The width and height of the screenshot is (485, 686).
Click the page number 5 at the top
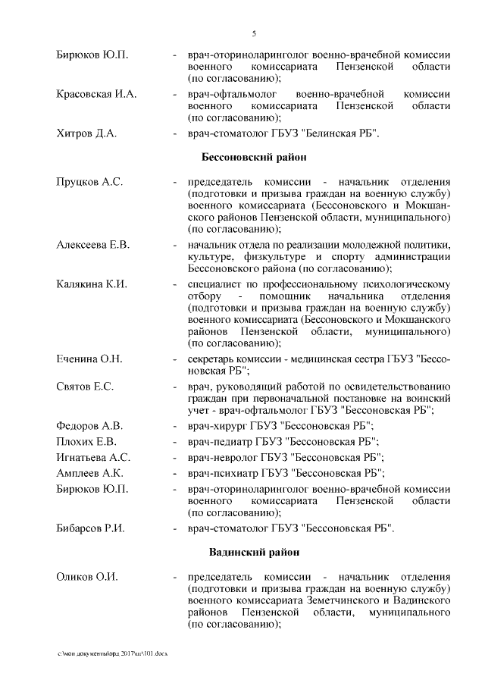tap(254, 33)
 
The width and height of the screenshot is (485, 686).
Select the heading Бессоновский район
tap(254, 158)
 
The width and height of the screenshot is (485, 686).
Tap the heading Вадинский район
tap(254, 552)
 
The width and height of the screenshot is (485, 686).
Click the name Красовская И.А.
tap(96, 94)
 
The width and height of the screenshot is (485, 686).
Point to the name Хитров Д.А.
tap(86, 133)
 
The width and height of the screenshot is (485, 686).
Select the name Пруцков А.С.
tap(89, 183)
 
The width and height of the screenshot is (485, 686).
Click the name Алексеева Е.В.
tap(93, 245)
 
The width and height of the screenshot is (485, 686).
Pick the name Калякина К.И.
tap(91, 284)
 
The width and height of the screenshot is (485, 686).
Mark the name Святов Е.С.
tap(85, 387)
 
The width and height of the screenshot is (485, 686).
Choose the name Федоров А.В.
tap(89, 425)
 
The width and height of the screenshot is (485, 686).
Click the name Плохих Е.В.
tap(86, 441)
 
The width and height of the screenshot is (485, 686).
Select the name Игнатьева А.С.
tap(93, 457)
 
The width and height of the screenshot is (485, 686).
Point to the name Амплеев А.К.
tap(90, 473)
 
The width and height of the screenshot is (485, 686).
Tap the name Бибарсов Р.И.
tap(90, 528)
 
